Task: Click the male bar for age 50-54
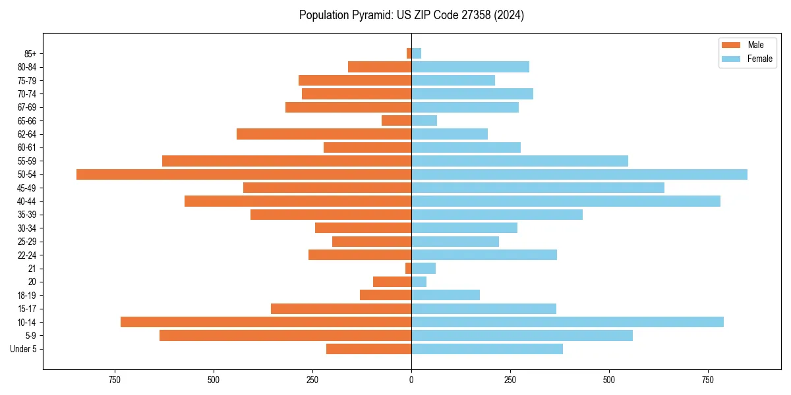pos(244,174)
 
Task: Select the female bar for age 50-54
pos(579,174)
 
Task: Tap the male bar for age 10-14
pos(266,322)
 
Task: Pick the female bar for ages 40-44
pos(566,201)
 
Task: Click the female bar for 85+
pos(417,53)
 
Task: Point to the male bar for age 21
pos(409,269)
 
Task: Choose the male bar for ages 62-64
pos(324,134)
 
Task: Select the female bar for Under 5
pos(487,349)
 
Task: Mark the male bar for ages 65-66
pos(396,120)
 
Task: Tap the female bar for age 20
pos(419,282)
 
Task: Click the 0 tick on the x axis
pos(411,380)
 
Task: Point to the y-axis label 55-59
pos(27,161)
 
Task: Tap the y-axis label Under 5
pos(23,349)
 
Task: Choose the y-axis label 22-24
pos(27,255)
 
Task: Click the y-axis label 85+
pos(30,53)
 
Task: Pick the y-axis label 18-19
pos(27,296)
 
